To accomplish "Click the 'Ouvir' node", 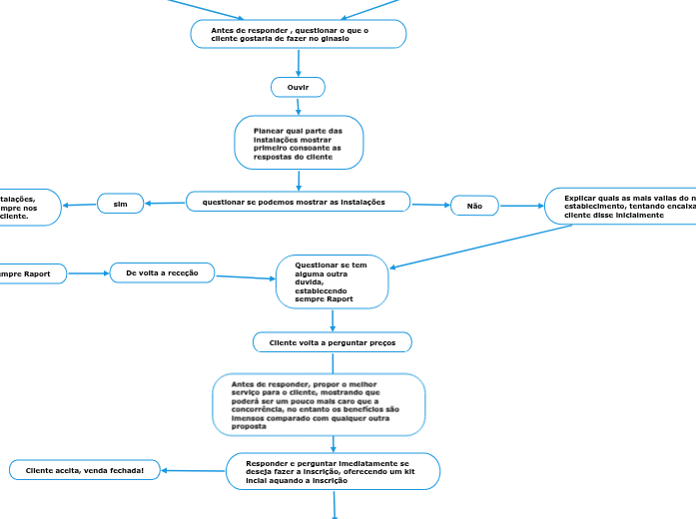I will point(298,88).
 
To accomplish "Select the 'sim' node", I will point(121,204).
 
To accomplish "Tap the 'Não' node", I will point(474,206).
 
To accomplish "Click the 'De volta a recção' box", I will point(162,272).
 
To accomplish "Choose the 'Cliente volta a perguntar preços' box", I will point(332,342).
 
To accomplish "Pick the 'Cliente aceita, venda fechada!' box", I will point(84,470).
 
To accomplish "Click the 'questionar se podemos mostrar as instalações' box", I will point(298,202).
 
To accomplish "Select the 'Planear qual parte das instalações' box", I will point(298,143).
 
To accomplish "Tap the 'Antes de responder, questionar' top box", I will point(298,35).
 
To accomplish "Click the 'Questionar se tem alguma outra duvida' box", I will point(332,281).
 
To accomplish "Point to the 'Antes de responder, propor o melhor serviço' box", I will point(319,404).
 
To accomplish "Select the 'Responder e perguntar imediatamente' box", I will point(334,471).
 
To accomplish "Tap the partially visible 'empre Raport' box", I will point(31,272).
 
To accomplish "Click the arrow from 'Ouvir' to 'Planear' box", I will point(299,107).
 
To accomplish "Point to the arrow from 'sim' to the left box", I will point(80,205).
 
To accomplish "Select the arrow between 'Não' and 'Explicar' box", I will point(521,206).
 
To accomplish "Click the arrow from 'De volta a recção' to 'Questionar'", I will point(245,276).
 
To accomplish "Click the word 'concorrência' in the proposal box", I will point(257,409).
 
